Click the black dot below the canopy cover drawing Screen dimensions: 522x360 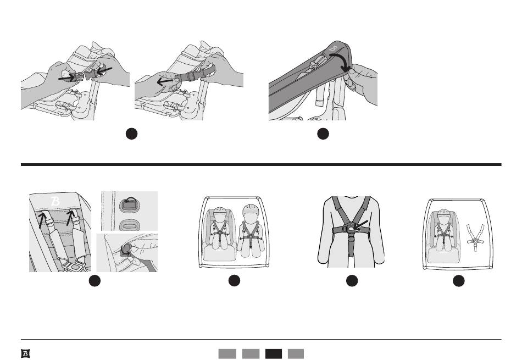(323, 134)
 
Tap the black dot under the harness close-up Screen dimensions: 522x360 (352, 281)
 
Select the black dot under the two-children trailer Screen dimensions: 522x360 (235, 281)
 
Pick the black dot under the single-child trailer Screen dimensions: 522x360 (458, 281)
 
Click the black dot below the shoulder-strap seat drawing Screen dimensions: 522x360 (95, 281)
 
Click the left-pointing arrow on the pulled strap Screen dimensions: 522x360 (165, 81)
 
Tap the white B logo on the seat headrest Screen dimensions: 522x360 (55, 201)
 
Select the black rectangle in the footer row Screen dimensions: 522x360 (274, 353)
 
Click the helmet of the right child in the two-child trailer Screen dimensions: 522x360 (251, 211)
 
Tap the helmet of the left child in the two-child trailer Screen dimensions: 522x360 (220, 212)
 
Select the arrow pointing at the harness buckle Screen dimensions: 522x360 (361, 225)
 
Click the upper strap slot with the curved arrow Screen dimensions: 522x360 (128, 203)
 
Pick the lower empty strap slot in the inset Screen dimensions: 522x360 (128, 225)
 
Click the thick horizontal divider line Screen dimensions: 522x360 (261, 164)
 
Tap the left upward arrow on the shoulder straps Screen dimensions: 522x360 (42, 220)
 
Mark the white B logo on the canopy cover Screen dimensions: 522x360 (333, 48)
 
